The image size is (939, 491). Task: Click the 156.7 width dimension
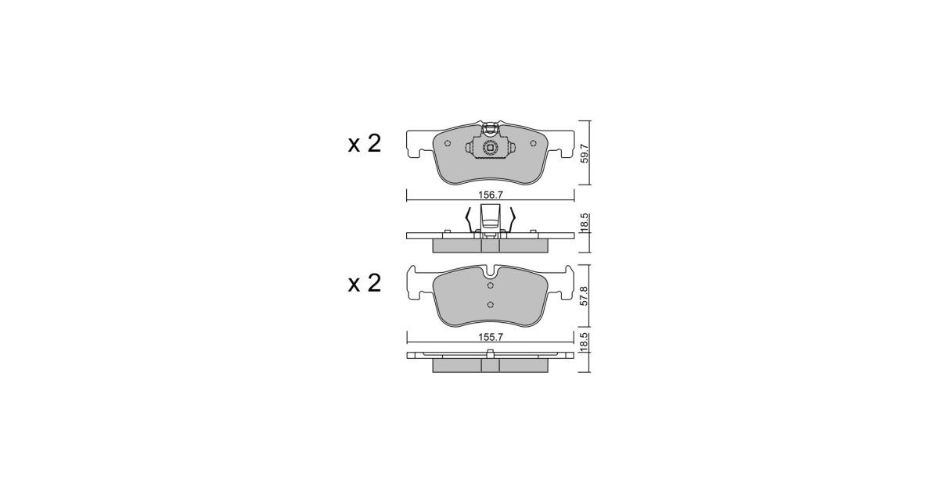pyautogui.click(x=490, y=195)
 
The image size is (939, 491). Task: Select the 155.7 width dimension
pyautogui.click(x=490, y=337)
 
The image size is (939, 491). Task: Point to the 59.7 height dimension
pyautogui.click(x=585, y=153)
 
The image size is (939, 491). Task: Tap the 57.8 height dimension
pyautogui.click(x=584, y=296)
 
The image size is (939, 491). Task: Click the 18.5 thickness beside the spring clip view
pyautogui.click(x=585, y=222)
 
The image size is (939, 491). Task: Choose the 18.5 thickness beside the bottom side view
pyautogui.click(x=585, y=342)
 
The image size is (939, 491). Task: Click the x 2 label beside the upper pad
pyautogui.click(x=365, y=144)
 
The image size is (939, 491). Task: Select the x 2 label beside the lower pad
pyautogui.click(x=365, y=284)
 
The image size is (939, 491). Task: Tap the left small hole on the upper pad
pyautogui.click(x=448, y=143)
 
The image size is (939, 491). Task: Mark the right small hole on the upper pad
pyautogui.click(x=533, y=143)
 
